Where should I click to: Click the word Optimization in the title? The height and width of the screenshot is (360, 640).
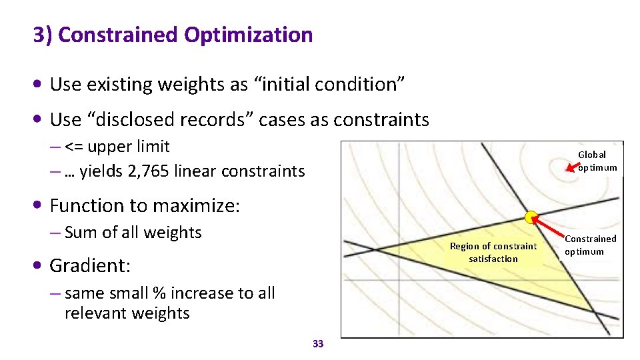[x=249, y=35]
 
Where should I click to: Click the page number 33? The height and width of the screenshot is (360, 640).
[x=318, y=344]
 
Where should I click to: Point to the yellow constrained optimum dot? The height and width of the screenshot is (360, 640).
[x=531, y=217]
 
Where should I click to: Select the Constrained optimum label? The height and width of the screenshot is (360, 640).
[x=590, y=245]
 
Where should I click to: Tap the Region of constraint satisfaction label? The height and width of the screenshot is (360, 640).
[x=493, y=252]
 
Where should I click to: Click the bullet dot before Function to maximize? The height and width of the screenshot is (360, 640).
[x=41, y=206]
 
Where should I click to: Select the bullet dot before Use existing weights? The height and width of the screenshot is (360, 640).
[x=41, y=85]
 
